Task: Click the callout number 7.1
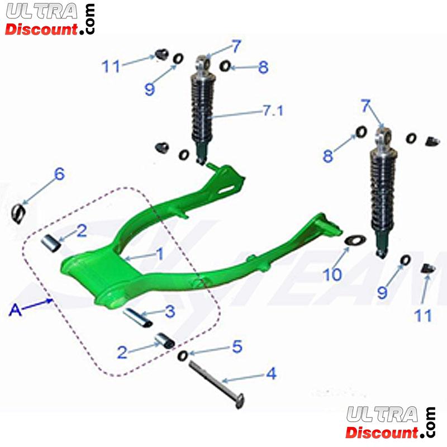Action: pyautogui.click(x=273, y=110)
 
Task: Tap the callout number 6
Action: pyautogui.click(x=59, y=174)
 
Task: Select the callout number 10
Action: pyautogui.click(x=332, y=274)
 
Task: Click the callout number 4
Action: pyautogui.click(x=271, y=373)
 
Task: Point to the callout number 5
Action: pyautogui.click(x=237, y=346)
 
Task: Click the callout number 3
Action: pyautogui.click(x=170, y=311)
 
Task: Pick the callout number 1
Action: pyautogui.click(x=161, y=254)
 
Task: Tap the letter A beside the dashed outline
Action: pyautogui.click(x=15, y=310)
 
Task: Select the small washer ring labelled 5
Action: pyautogui.click(x=183, y=355)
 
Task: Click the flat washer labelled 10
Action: pyautogui.click(x=355, y=240)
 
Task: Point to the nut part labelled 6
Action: pyautogui.click(x=18, y=214)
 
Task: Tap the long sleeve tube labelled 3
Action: pyautogui.click(x=137, y=317)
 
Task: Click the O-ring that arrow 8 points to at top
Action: pyautogui.click(x=225, y=66)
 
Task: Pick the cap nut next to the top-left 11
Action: pyautogui.click(x=161, y=54)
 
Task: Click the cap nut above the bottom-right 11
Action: pyautogui.click(x=429, y=268)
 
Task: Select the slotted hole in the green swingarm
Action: pyautogui.click(x=227, y=190)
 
